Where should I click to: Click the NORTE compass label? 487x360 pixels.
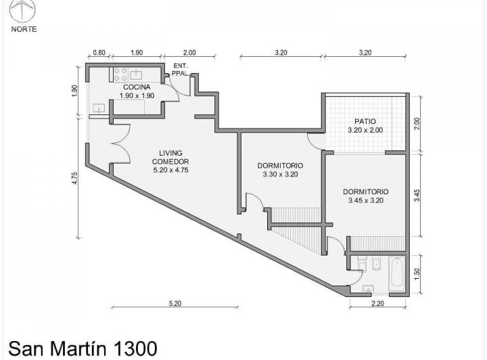[x=24, y=29]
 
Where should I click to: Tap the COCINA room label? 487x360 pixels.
[x=137, y=87]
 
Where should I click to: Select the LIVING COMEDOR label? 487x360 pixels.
[x=170, y=157]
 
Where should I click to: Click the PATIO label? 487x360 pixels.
[x=365, y=121]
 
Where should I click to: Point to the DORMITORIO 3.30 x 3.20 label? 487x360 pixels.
[x=280, y=170]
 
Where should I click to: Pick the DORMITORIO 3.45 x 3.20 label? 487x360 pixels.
[x=366, y=196]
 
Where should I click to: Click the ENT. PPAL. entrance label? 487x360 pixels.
[x=180, y=70]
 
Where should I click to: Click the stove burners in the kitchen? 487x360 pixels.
[x=120, y=75]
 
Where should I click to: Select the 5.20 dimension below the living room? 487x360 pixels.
[x=175, y=303]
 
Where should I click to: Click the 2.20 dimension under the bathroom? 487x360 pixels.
[x=377, y=303]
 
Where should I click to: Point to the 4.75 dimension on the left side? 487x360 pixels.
[x=75, y=178]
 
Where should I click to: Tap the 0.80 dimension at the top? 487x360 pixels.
[x=99, y=53]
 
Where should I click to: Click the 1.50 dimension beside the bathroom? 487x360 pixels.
[x=417, y=273]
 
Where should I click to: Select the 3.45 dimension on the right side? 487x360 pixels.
[x=417, y=196]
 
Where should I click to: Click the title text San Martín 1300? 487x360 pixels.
[x=83, y=348]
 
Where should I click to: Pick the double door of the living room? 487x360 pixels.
[x=121, y=143]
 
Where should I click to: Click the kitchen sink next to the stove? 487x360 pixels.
[x=136, y=74]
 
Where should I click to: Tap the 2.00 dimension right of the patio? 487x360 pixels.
[x=417, y=123]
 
